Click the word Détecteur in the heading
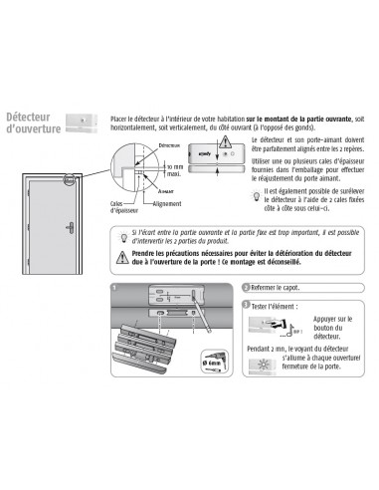point(31,118)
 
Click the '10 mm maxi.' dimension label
point(174,169)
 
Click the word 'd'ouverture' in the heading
point(34,130)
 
